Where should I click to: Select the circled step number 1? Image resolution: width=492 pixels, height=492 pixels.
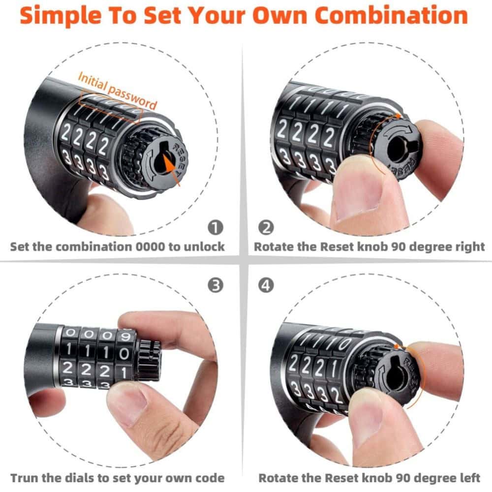tap(215, 227)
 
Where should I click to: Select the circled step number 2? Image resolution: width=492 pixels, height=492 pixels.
tap(266, 227)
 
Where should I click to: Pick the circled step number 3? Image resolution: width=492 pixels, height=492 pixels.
tap(215, 285)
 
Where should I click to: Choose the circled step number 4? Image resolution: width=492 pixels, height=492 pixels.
tap(266, 285)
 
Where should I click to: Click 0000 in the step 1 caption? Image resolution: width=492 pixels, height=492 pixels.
tap(150, 246)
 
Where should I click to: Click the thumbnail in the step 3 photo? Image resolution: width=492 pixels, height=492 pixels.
tap(127, 407)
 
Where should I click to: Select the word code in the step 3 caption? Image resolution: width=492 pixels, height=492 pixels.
tap(210, 478)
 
